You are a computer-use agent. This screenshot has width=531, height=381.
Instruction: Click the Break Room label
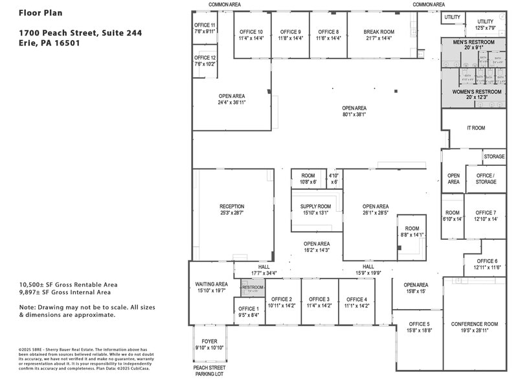pos(378,32)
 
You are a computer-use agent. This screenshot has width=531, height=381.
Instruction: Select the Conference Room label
pos(474,324)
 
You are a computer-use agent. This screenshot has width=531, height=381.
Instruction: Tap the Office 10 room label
pos(251,32)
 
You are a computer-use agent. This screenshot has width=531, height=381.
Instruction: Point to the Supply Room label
pos(315,207)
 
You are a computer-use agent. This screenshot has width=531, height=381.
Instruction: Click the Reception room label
pos(231,207)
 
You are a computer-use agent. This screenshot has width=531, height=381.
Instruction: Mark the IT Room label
pos(475,128)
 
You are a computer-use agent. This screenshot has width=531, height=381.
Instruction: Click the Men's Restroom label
pos(473,42)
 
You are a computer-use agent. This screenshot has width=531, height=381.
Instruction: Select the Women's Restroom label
pos(476,92)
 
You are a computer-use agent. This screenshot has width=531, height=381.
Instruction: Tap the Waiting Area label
pos(211,284)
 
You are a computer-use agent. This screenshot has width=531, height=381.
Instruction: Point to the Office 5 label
pos(419,324)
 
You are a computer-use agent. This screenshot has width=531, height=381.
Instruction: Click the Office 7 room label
pos(485,213)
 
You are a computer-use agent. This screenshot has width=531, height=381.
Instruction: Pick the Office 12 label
pos(205,58)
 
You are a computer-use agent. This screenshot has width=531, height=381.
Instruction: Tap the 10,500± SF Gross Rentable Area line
pos(68,284)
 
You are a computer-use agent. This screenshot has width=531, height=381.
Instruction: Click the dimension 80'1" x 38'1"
pos(354,115)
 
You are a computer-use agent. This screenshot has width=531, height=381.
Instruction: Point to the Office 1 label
pos(248,308)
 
